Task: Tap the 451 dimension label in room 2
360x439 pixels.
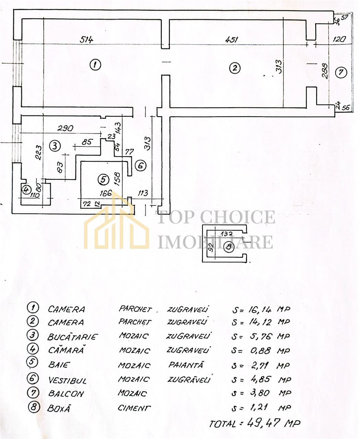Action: pos(231,39)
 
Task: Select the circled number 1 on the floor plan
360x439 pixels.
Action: pos(95,65)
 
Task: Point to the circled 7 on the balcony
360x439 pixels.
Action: pos(341,72)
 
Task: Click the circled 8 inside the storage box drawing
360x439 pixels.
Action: pos(229,247)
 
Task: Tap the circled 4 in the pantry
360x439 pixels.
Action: pos(26,189)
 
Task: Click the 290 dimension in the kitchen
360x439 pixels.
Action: pos(65,128)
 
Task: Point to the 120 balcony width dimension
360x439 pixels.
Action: pos(339,39)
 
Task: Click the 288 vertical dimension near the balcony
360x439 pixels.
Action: pos(325,71)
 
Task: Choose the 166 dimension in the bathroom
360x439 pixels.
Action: pos(106,193)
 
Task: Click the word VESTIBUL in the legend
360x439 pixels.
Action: pos(67,381)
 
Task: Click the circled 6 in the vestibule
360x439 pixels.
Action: pos(141,166)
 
